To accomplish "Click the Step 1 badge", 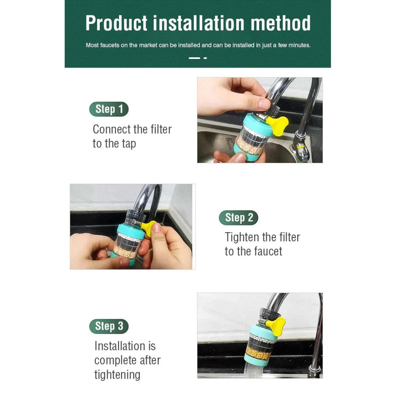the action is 109,109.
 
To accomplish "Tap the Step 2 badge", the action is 238,217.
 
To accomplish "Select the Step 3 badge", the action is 109,326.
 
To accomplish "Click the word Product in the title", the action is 117,23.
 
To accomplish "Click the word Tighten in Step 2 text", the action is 242,238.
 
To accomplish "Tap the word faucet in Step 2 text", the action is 268,252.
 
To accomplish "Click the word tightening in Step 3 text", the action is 117,375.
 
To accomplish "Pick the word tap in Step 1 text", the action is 129,144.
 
